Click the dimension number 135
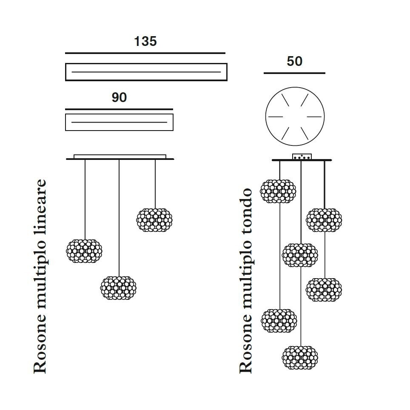coord(145,41)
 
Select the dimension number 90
coord(119,97)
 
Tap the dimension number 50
coord(294,61)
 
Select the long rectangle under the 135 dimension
coord(146,72)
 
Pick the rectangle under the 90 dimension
coord(119,122)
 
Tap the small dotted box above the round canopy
coord(302,157)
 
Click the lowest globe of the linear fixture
coord(118,288)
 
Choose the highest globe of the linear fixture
coord(154,220)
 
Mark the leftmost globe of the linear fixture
coord(84,251)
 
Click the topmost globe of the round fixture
coord(278,191)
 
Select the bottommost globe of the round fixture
coord(300,357)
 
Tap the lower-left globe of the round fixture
coord(279,321)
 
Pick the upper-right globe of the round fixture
coord(324,220)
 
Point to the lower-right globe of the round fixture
coord(324,290)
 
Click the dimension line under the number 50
coord(294,73)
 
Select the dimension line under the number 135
coord(145,53)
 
